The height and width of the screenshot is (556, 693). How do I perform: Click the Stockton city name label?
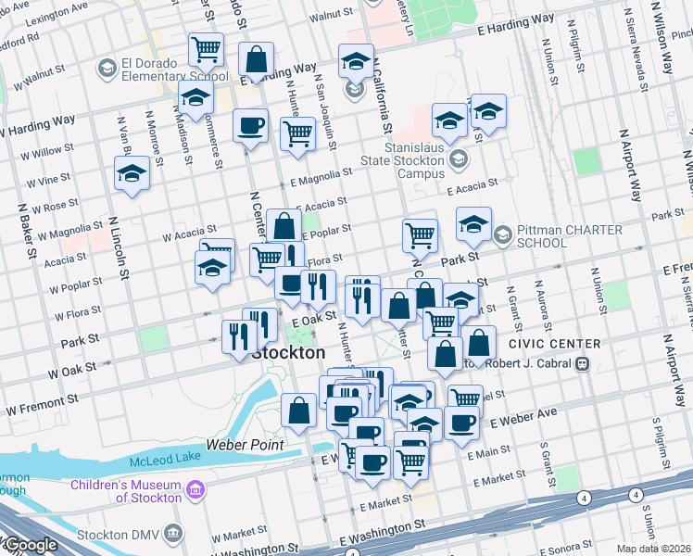tap(289, 353)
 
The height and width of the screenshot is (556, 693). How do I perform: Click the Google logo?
tap(29, 545)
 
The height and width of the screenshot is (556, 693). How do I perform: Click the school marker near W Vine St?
tap(132, 172)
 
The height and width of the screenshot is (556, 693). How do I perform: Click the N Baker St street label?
tap(26, 236)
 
